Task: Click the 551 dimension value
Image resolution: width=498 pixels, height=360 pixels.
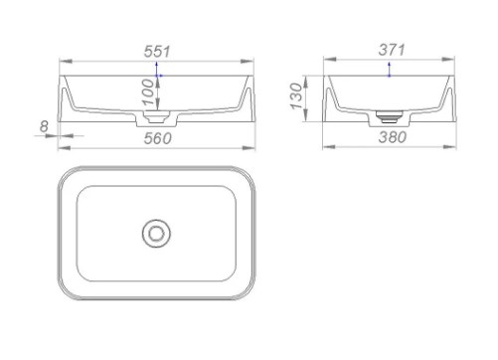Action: (157, 52)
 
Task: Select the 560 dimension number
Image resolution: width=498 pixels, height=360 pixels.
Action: (158, 138)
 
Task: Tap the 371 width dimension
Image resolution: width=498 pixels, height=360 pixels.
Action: (392, 50)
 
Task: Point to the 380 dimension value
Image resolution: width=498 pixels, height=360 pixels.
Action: (393, 137)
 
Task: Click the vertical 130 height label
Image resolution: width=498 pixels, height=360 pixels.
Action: (297, 96)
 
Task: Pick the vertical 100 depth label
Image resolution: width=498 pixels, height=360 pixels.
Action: (148, 92)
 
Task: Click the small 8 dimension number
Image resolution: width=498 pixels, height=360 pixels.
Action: (44, 126)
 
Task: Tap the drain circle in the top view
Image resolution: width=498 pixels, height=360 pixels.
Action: (156, 234)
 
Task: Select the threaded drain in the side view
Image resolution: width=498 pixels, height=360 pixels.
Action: (389, 117)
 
